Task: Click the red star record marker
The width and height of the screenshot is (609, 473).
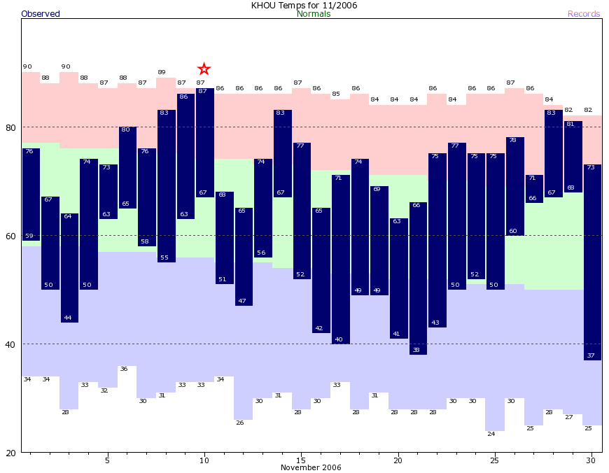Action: (x=204, y=69)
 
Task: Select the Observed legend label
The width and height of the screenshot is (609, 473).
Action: (x=41, y=14)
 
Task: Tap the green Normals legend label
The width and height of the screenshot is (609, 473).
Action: (x=314, y=14)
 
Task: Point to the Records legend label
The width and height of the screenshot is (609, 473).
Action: (x=584, y=14)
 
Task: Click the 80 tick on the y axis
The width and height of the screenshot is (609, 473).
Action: (x=10, y=127)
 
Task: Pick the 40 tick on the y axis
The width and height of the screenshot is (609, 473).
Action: (x=10, y=344)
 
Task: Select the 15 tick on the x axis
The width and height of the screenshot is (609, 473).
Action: (x=300, y=460)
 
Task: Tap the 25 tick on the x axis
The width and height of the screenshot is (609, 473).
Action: (x=494, y=460)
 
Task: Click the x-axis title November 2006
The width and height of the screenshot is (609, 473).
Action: (x=311, y=467)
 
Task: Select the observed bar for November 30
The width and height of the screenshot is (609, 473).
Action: (x=592, y=262)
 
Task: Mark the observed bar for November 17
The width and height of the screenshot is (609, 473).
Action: (x=341, y=260)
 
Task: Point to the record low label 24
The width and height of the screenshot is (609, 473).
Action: (x=491, y=434)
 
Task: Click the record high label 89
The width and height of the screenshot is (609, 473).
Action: (x=162, y=72)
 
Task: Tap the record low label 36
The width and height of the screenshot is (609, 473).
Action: (x=123, y=369)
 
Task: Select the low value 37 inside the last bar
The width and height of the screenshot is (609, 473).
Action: (x=591, y=355)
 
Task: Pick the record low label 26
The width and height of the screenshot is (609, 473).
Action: (x=239, y=423)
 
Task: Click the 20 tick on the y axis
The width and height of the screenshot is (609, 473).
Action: (x=10, y=453)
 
